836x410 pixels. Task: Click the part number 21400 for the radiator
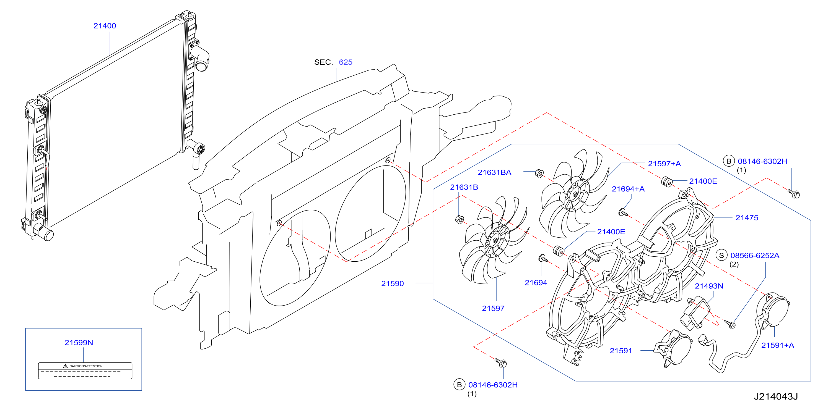click(105, 26)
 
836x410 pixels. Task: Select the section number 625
click(346, 62)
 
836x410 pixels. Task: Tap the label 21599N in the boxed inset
click(79, 343)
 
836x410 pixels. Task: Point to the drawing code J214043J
click(776, 397)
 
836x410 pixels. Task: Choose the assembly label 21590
click(392, 283)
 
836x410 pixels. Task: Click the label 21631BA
click(494, 172)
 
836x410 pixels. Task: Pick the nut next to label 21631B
click(459, 219)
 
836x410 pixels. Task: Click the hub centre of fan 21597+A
click(575, 195)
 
